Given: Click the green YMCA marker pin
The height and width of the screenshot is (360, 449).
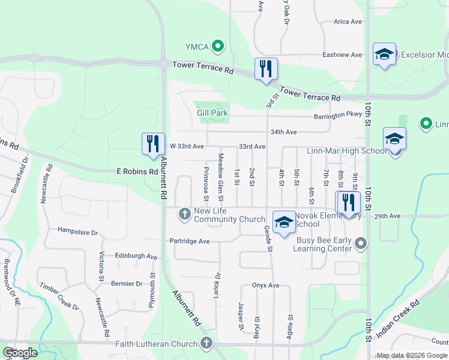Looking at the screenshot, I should coord(218,46).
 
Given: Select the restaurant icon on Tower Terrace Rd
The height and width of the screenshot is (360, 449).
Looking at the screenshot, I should coord(265,69).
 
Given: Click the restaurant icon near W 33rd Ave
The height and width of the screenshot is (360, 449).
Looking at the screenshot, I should coord(153,144).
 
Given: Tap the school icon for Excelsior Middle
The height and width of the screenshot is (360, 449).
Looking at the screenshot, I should coord(384,55).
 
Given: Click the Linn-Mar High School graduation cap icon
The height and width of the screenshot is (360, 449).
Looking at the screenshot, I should coord(394,139).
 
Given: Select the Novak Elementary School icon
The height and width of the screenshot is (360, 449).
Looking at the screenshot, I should coord(284,222).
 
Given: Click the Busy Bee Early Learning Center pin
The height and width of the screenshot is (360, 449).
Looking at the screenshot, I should coord(360,243).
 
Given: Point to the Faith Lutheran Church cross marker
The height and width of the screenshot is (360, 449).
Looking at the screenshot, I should coord(206,344).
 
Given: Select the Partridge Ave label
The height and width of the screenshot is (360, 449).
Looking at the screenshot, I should coord(188,241).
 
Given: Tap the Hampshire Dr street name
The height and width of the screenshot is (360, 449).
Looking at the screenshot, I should coord(77,231).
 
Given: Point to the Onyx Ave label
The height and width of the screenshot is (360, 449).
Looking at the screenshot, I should coord(267,286).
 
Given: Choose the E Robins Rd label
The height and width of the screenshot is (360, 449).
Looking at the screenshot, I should coord(137,172).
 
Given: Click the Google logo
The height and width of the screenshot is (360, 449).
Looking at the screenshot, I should coord(20,353).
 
